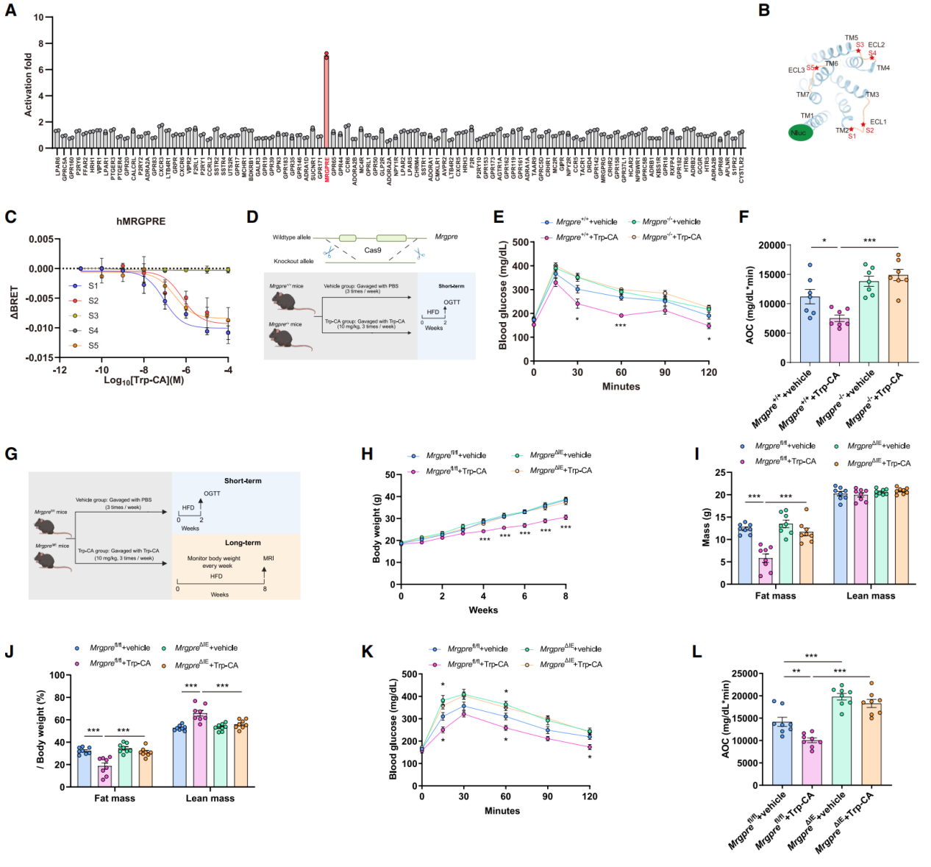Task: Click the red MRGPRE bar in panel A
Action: (x=327, y=103)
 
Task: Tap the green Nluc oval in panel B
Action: (x=799, y=133)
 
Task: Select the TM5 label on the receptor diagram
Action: (x=851, y=38)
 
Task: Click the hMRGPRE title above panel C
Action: (x=140, y=221)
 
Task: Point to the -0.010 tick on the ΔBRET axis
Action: (x=40, y=328)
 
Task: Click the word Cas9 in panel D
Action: (x=373, y=250)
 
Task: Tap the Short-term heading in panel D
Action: (x=451, y=286)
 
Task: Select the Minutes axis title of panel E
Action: (x=621, y=386)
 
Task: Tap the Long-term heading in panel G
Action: (x=243, y=543)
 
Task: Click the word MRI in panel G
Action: (x=268, y=558)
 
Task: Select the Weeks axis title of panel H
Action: (x=483, y=610)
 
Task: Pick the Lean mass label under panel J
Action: (x=210, y=798)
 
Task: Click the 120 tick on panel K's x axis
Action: (x=590, y=796)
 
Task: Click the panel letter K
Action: (x=368, y=652)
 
